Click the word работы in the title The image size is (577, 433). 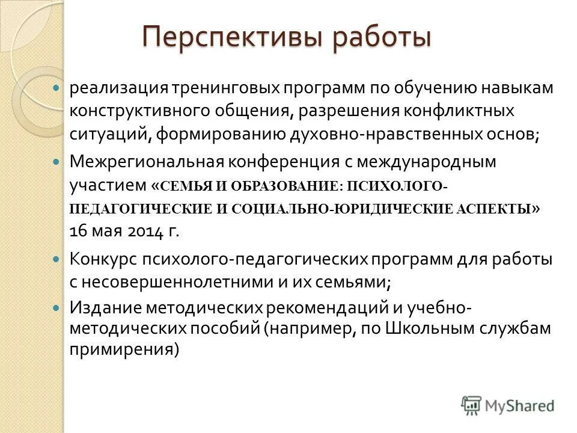click(382, 37)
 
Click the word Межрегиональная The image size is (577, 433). click(146, 161)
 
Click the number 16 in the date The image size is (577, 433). click(79, 232)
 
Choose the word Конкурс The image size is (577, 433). click(103, 259)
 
